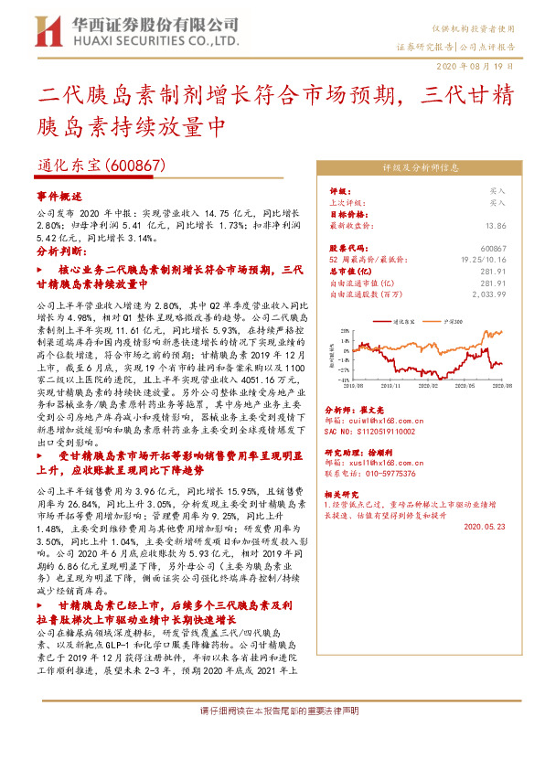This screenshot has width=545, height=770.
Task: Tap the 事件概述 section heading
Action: [x=59, y=196]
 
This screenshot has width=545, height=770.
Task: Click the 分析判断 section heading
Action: [x=61, y=250]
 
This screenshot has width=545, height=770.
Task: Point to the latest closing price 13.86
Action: [x=497, y=224]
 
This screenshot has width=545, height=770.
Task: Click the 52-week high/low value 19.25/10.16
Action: [x=485, y=260]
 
